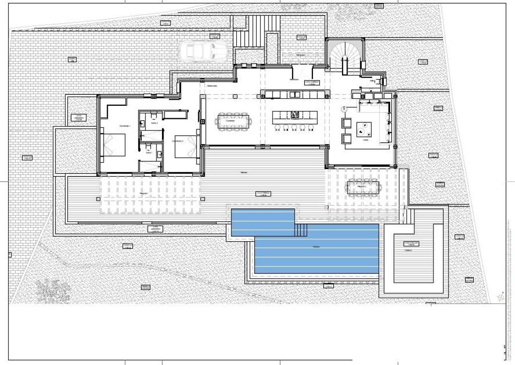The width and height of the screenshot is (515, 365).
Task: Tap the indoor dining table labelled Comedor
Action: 233,121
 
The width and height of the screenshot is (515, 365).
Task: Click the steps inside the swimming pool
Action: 301,230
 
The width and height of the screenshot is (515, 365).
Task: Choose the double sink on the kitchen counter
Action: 294,94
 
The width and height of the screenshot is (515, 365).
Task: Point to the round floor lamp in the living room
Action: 345,109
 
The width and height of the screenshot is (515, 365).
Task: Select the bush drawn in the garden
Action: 53,290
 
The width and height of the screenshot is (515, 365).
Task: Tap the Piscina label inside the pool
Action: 316,247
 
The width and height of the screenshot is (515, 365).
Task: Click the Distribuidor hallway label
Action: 212,86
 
